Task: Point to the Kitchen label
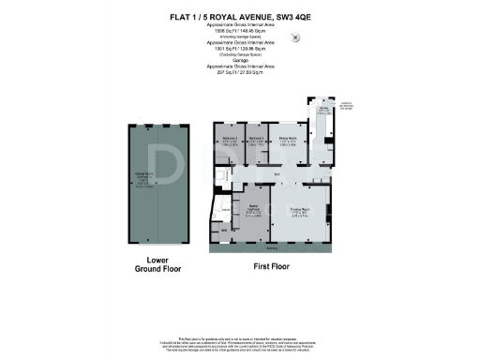click(324, 109)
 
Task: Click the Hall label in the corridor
click(277, 174)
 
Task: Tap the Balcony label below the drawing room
click(272, 248)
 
